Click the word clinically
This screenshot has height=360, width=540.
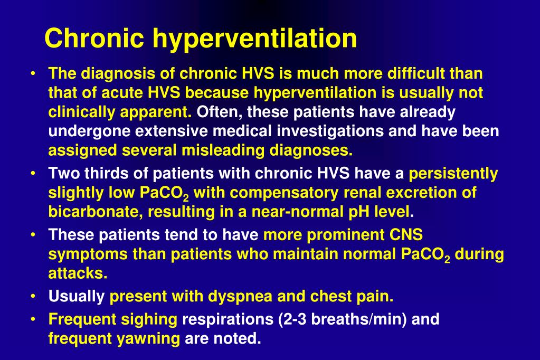click(x=81, y=112)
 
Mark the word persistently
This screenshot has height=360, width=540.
click(x=453, y=173)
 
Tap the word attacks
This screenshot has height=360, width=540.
click(x=78, y=273)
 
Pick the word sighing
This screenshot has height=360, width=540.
click(x=150, y=319)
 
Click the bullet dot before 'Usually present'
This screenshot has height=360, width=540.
click(x=34, y=297)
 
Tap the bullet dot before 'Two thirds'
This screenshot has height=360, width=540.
click(x=34, y=174)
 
